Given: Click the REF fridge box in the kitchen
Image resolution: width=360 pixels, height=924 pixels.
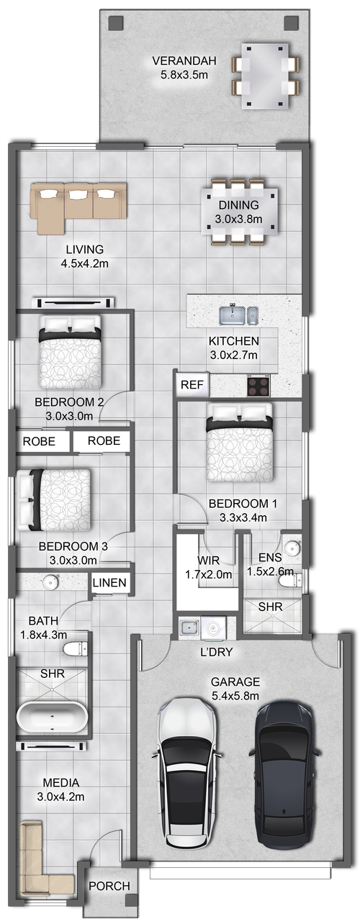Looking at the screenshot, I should pos(192,385).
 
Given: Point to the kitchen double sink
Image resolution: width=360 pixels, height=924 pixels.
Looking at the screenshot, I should pos(238,315).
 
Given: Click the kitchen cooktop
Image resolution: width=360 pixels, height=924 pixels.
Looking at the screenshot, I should pos(258,386).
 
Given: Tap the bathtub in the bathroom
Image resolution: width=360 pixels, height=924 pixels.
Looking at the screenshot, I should pos(53,716).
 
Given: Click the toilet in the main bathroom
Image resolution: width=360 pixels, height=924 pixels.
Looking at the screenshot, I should pos(74,650).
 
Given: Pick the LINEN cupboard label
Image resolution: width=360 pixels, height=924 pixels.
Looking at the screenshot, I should pos(110,583).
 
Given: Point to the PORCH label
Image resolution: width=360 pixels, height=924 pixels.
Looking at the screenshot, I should pos(109,886).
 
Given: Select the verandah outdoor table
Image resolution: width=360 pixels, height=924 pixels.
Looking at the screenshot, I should pos(264,74).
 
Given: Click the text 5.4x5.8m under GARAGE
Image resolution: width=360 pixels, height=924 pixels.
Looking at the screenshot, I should pos(235,695).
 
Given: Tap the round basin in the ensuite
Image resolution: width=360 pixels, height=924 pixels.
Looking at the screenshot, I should pos(292,545).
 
